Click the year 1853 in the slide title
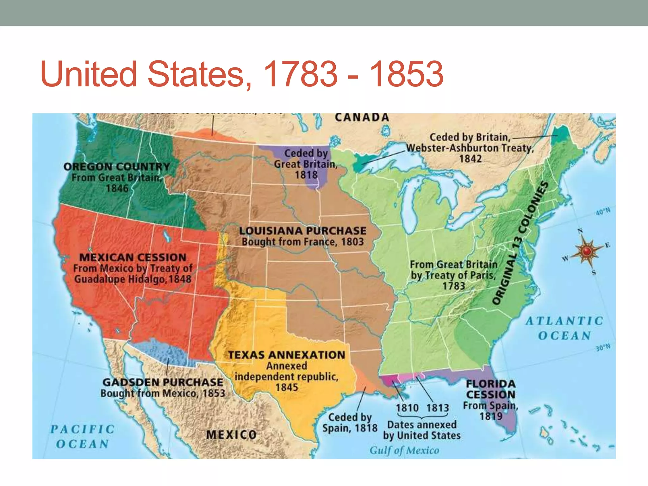pyautogui.click(x=407, y=74)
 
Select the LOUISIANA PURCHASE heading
pyautogui.click(x=303, y=231)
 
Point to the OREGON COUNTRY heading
pyautogui.click(x=117, y=166)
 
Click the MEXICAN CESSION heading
pyautogui.click(x=133, y=257)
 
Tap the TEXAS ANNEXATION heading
pyautogui.click(x=287, y=355)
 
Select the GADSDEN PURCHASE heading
pyautogui.click(x=163, y=382)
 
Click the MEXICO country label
pyautogui.click(x=232, y=435)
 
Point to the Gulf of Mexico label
pyautogui.click(x=404, y=450)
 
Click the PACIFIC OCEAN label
pyautogui.click(x=82, y=437)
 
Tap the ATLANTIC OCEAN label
pyautogui.click(x=565, y=328)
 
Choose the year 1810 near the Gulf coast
pyautogui.click(x=407, y=408)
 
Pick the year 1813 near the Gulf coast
pyautogui.click(x=438, y=408)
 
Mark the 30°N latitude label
pyautogui.click(x=603, y=348)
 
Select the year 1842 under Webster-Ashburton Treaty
pyautogui.click(x=470, y=159)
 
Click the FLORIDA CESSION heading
pyautogui.click(x=491, y=389)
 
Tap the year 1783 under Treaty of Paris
pyautogui.click(x=453, y=286)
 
